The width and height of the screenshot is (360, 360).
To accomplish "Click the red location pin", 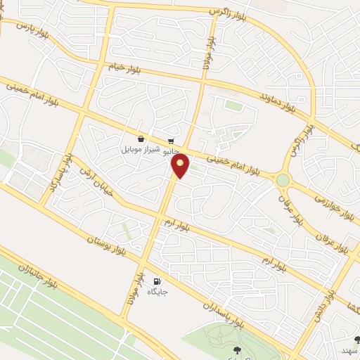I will (x=181, y=166).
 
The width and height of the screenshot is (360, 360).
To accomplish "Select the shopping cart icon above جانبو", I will (x=172, y=140).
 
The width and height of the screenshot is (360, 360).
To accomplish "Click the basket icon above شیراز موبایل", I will (x=141, y=139).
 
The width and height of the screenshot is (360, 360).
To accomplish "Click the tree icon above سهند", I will (x=356, y=340).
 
